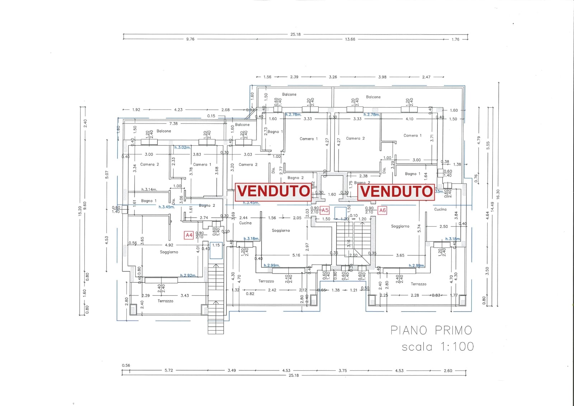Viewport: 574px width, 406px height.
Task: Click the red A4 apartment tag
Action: point(189,235)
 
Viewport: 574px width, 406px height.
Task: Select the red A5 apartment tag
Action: point(325,210)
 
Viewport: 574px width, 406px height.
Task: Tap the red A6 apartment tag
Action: point(382,210)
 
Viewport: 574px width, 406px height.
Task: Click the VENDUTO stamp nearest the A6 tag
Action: point(396,191)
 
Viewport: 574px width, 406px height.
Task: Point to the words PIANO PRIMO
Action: point(431,330)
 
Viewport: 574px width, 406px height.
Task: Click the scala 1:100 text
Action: point(438,347)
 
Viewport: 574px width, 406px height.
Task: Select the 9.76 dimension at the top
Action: point(190,39)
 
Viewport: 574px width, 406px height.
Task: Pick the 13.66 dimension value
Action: point(350,39)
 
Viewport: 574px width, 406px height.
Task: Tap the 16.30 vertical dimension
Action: point(498,194)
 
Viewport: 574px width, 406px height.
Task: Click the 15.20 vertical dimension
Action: point(80,211)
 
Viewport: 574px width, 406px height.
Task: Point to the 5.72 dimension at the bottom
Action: point(169,370)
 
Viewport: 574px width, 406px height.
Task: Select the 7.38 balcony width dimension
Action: point(173,123)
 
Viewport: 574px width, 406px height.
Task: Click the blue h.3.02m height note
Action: point(183,148)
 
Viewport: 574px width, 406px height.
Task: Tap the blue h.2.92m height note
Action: point(188,275)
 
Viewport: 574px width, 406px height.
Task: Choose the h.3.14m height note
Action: point(149,190)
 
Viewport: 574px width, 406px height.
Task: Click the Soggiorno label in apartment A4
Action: point(169,252)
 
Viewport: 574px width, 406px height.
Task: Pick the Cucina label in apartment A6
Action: point(440,209)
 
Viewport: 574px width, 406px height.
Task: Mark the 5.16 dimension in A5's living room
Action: point(296,255)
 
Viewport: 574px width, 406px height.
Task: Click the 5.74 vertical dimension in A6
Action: point(419,228)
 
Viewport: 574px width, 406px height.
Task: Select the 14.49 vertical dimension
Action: point(493,206)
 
